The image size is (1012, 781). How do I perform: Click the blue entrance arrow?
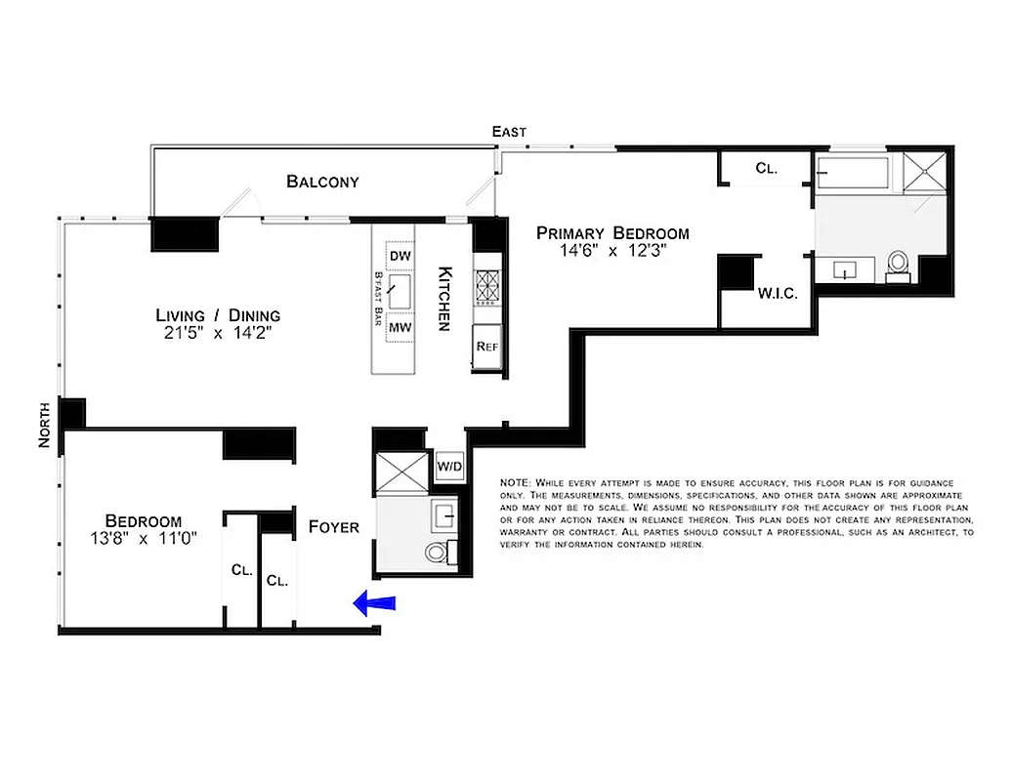tap(375, 605)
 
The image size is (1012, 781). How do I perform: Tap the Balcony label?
tap(322, 182)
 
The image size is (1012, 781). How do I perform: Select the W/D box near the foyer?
tap(449, 466)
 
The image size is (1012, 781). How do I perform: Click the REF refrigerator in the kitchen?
tap(485, 347)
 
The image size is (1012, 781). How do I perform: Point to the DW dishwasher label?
tap(400, 256)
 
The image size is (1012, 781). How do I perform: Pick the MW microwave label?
tap(400, 328)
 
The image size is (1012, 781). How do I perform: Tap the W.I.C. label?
tap(779, 293)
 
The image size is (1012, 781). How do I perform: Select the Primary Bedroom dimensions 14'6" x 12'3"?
tap(612, 251)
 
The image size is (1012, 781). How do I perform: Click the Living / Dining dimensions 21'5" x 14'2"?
tap(218, 333)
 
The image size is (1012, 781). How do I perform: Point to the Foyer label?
tap(334, 527)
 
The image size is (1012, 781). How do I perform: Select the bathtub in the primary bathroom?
tap(853, 174)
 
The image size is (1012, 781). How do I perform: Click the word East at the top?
tap(509, 132)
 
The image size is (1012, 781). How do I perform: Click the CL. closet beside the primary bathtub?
tap(767, 169)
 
